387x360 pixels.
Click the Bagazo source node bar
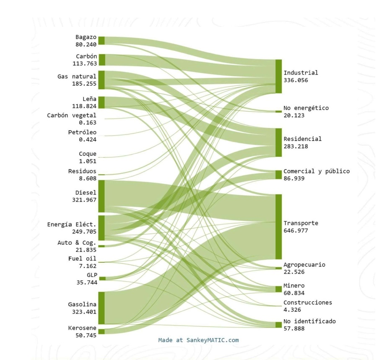(x=101, y=40)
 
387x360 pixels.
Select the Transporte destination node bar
(x=278, y=227)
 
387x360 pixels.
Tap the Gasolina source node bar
(x=101, y=308)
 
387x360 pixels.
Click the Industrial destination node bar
(x=278, y=76)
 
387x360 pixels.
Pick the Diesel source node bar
(x=101, y=197)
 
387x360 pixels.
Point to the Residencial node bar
(x=278, y=142)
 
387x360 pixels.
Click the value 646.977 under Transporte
(x=296, y=231)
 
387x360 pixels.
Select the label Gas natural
(x=77, y=77)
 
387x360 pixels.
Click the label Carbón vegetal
(x=72, y=115)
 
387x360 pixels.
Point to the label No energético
(x=306, y=108)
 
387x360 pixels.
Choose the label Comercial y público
(x=317, y=171)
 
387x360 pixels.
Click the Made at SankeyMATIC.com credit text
(x=198, y=340)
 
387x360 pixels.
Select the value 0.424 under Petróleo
(x=88, y=140)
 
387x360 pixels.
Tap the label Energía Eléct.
(x=72, y=225)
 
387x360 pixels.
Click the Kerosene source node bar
(x=101, y=331)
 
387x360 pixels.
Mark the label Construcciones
(x=308, y=303)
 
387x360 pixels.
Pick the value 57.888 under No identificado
(x=294, y=329)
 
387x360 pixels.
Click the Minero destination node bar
(x=278, y=289)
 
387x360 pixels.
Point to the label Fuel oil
(x=82, y=258)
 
